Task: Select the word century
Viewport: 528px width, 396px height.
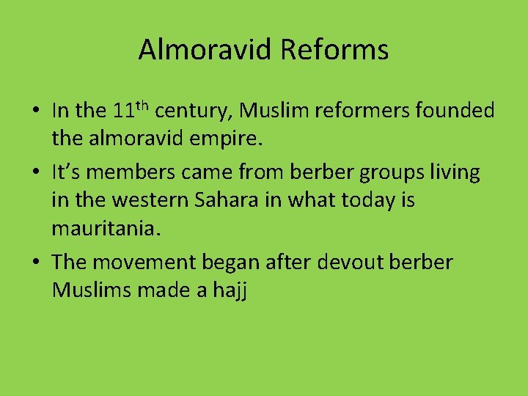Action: coord(193,111)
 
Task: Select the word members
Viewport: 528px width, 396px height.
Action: coord(123,173)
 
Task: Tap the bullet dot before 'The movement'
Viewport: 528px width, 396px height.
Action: coord(35,263)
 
